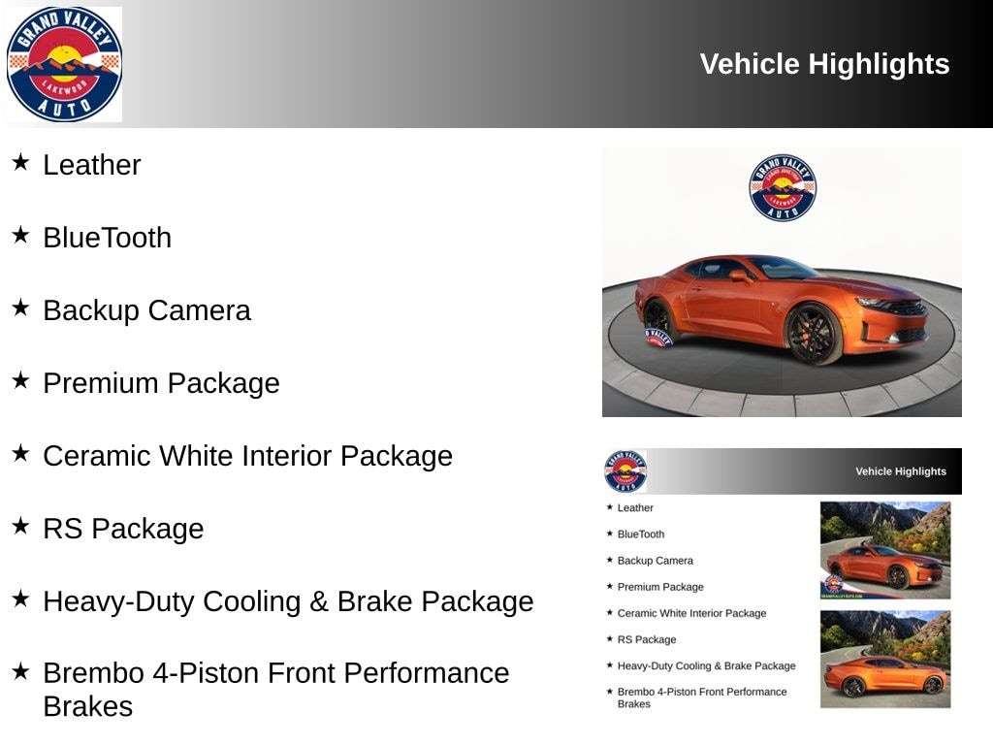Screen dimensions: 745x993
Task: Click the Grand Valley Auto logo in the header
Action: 64,64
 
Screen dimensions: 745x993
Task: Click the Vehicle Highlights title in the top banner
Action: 824,64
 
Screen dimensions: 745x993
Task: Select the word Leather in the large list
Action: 92,165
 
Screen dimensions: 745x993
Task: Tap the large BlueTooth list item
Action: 107,238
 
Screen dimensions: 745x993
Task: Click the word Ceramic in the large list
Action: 96,456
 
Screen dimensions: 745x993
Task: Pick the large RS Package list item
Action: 123,529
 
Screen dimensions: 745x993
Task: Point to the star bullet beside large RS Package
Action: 20,525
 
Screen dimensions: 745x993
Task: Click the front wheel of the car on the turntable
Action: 813,334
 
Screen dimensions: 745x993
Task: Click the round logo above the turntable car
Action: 783,188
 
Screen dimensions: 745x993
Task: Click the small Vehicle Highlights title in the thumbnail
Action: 900,471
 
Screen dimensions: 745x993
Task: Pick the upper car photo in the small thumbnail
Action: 885,550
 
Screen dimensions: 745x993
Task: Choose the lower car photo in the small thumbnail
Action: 885,659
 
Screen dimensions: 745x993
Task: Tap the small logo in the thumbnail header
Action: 625,471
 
